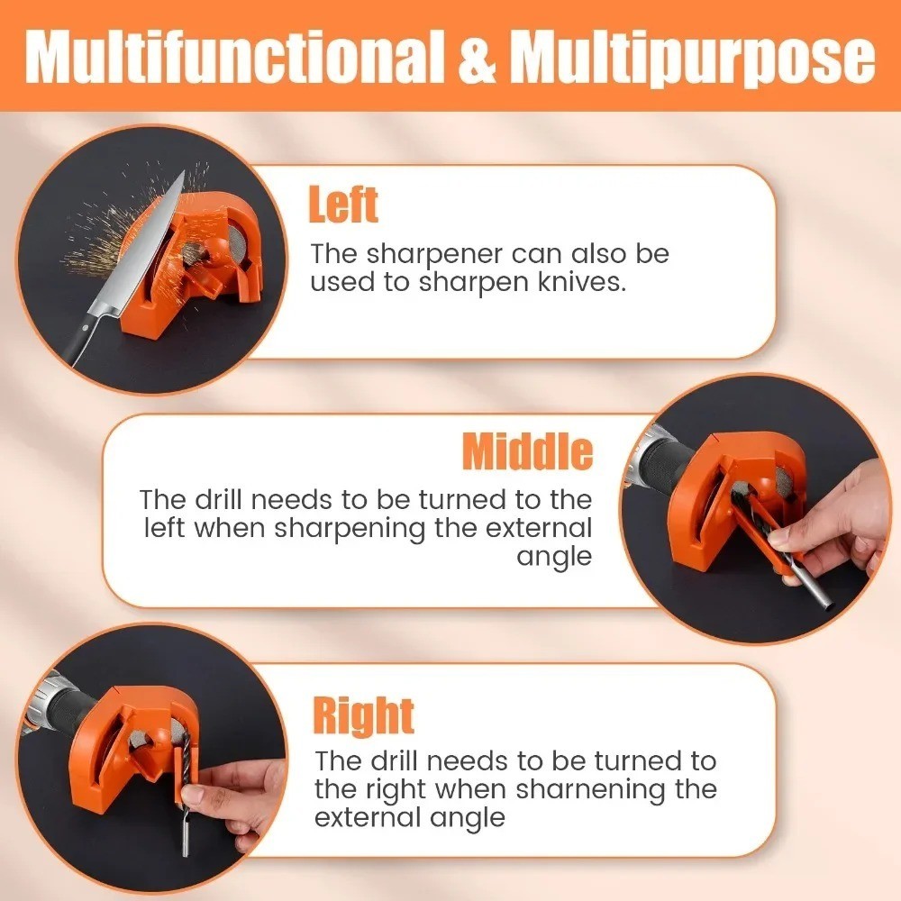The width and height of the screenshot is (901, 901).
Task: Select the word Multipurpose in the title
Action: (693, 59)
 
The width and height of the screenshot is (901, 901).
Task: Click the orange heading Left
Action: (343, 205)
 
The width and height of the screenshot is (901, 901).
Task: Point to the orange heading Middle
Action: (527, 451)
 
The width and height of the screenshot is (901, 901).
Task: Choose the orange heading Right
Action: (363, 715)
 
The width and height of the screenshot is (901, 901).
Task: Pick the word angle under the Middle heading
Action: (554, 556)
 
